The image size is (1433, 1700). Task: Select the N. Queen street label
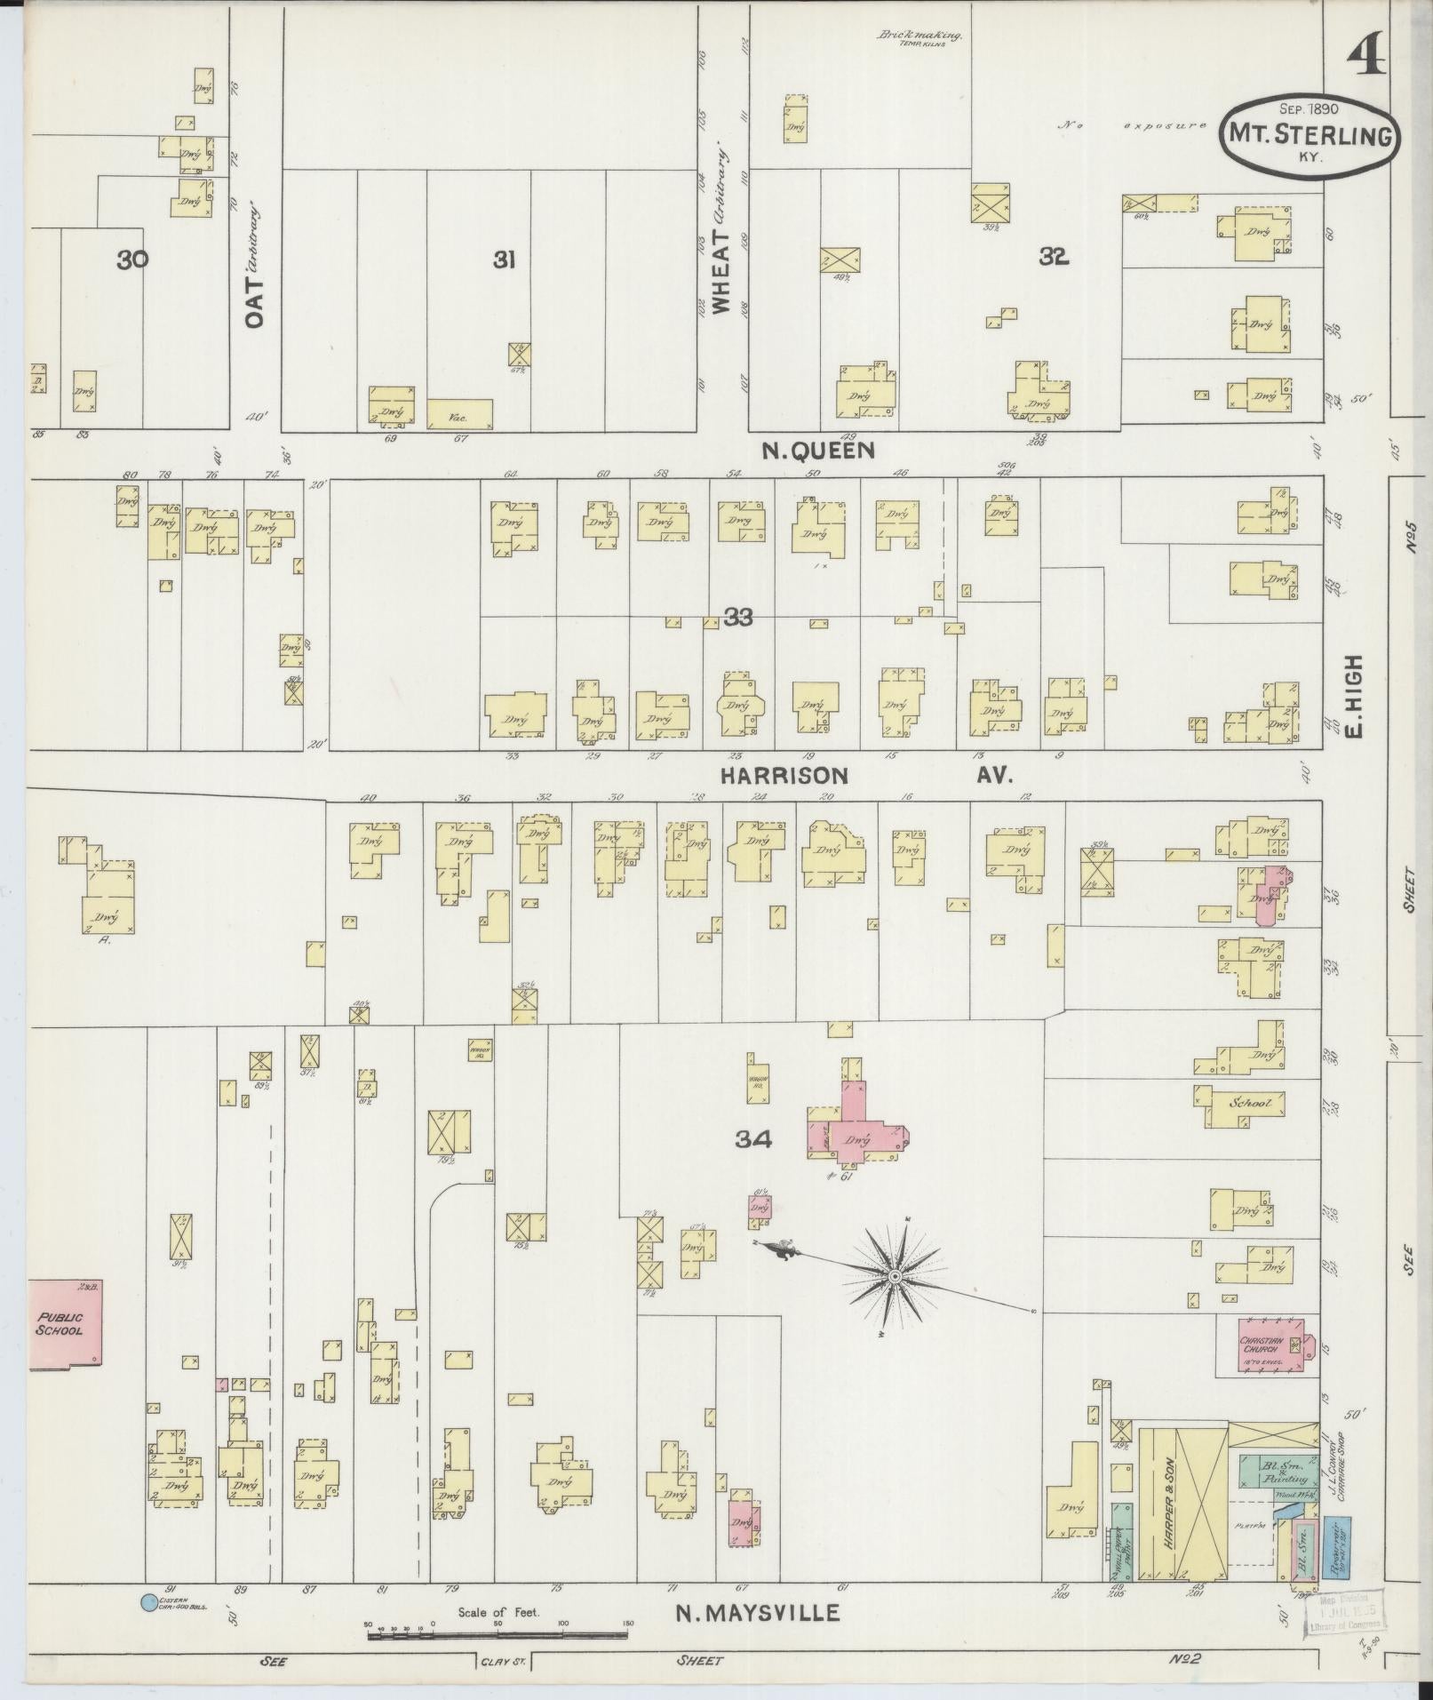(818, 451)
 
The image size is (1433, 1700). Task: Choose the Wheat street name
(720, 271)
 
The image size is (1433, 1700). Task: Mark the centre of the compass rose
(896, 1277)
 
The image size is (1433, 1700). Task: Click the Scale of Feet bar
(498, 1624)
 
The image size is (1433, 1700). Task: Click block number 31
(505, 259)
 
